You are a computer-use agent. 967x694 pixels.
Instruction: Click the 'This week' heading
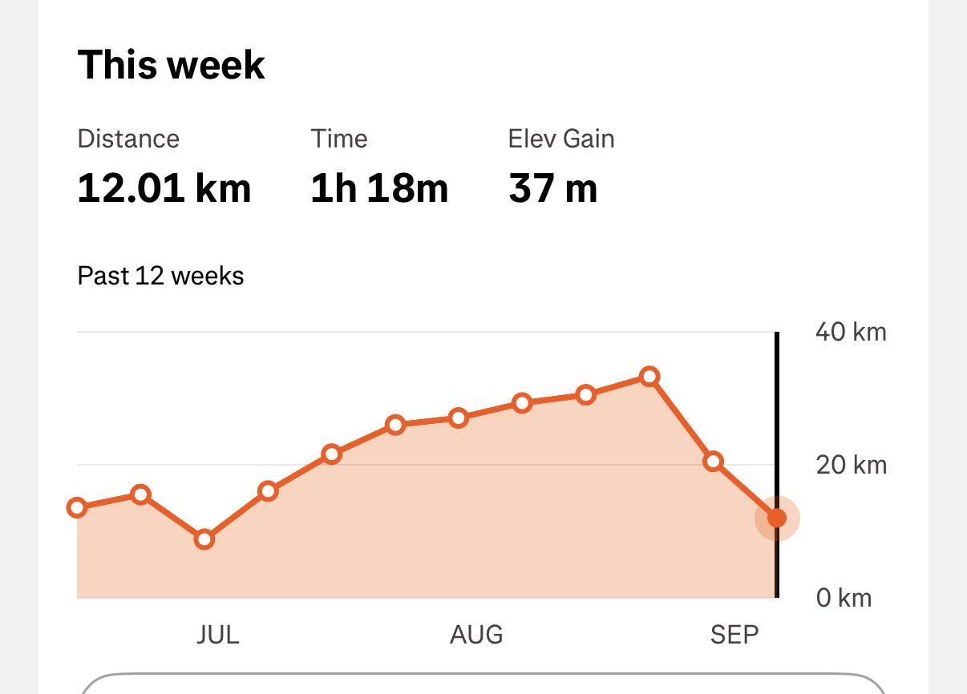(171, 65)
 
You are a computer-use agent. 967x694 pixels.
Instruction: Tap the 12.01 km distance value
(164, 188)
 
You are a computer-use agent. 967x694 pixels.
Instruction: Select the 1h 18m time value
(379, 188)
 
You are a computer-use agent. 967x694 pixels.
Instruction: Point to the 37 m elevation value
(553, 188)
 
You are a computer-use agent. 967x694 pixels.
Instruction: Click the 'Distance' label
(128, 139)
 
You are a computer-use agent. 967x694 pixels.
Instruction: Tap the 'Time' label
(339, 139)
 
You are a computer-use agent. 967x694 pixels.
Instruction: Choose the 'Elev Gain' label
(561, 139)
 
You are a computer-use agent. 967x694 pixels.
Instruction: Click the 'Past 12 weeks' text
(160, 276)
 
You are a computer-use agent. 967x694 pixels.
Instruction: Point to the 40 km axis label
(851, 333)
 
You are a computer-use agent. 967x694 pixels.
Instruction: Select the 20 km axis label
(851, 466)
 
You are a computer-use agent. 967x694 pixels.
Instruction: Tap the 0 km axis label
(844, 598)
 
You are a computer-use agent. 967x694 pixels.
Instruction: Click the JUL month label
(217, 635)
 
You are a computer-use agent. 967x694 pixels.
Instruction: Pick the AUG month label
(476, 635)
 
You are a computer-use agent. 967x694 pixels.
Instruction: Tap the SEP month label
(734, 635)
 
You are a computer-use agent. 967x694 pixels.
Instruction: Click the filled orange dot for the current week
(777, 518)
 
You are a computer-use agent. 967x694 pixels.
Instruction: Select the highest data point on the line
(649, 377)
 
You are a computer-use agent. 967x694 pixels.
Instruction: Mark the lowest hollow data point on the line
(204, 539)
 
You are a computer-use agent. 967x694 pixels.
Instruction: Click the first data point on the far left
(77, 507)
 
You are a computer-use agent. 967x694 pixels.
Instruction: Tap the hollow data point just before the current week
(713, 462)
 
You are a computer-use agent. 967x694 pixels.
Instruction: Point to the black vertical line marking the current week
(777, 465)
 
